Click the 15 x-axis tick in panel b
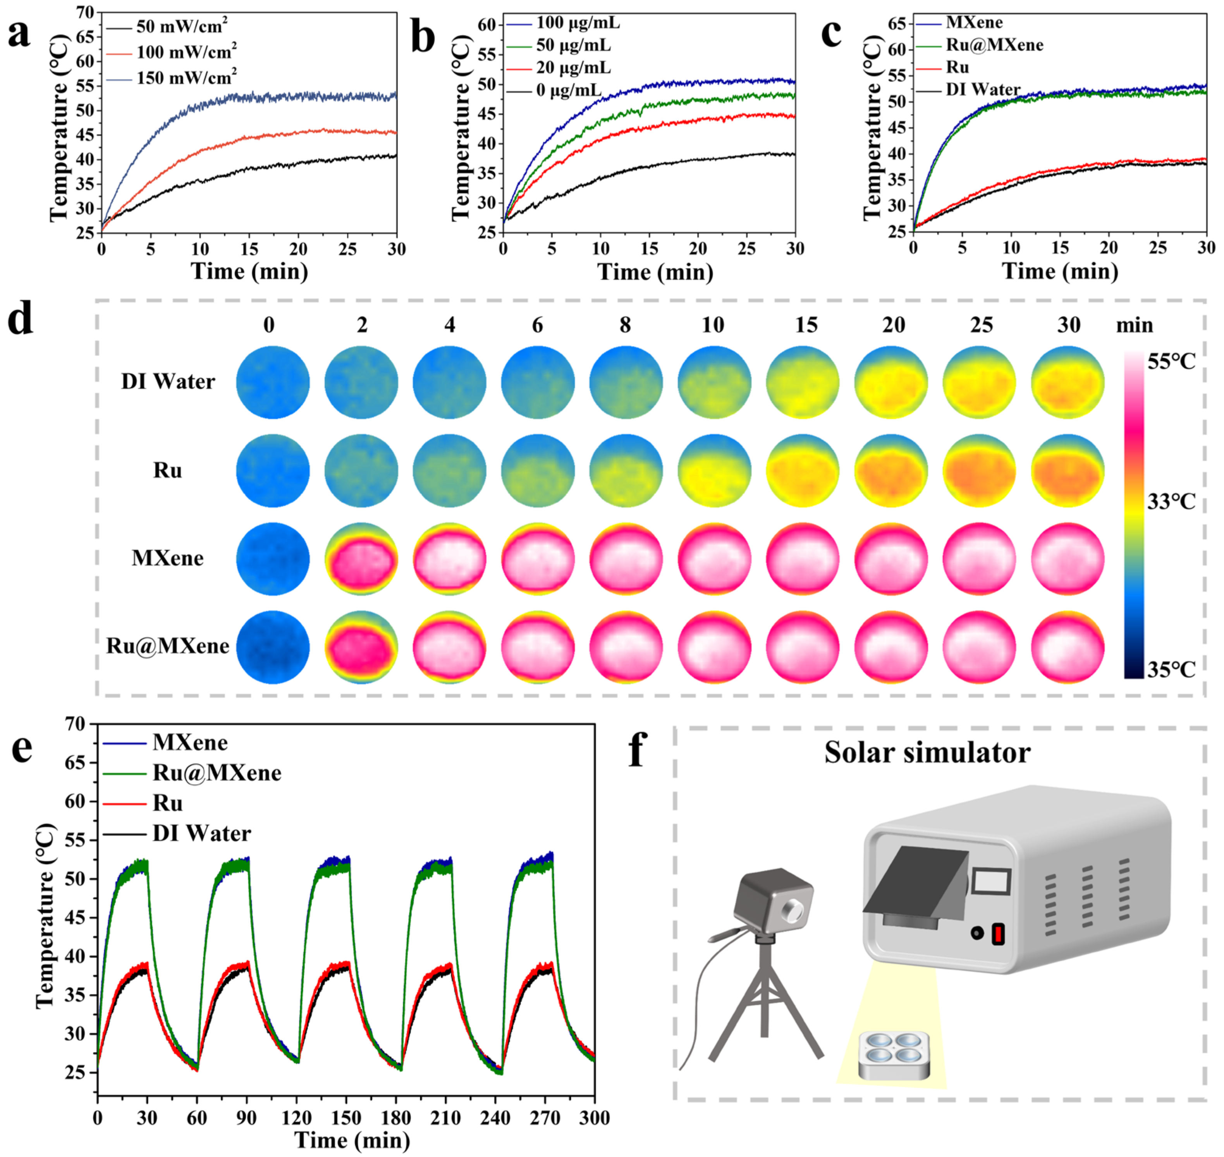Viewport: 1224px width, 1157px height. [x=649, y=249]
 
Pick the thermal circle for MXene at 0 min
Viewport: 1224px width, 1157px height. [x=273, y=559]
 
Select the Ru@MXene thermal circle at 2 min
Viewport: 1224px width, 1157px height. [x=361, y=647]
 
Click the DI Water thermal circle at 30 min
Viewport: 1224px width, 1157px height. [x=1068, y=383]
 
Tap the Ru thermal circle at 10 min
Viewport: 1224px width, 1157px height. [x=714, y=470]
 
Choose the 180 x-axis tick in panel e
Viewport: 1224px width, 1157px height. [x=395, y=1118]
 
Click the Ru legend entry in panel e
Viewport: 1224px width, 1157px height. [x=168, y=803]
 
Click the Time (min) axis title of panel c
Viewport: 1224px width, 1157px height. [x=1059, y=271]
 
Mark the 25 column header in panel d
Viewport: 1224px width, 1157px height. [x=981, y=325]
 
